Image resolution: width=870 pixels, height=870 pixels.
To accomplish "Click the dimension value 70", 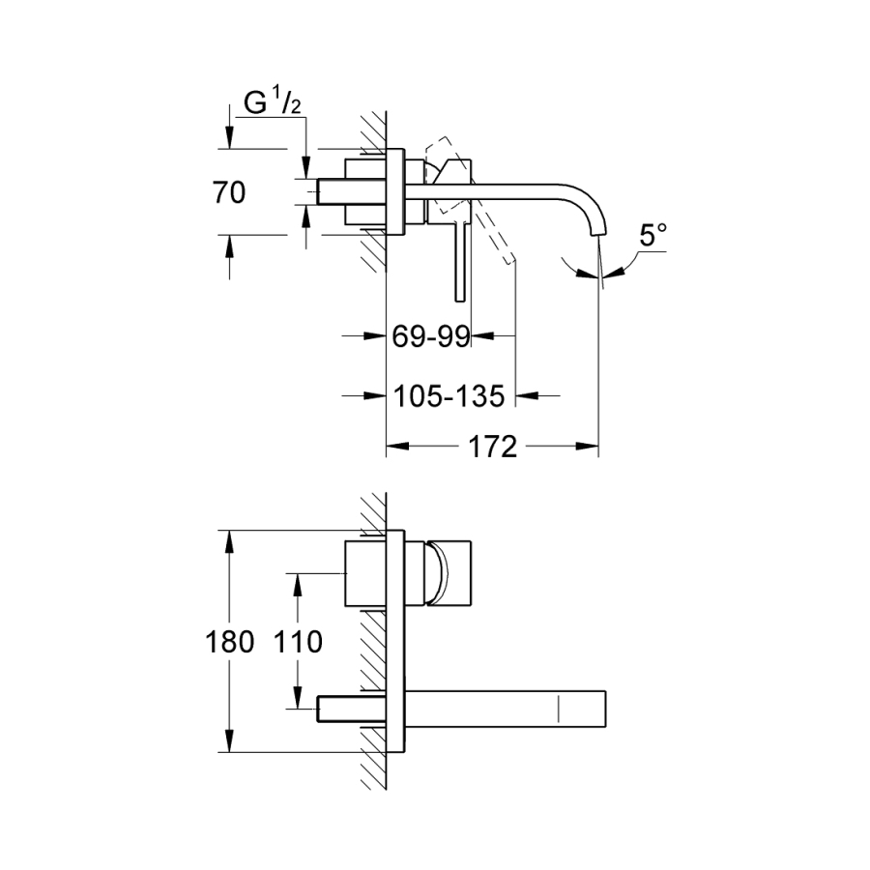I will [229, 192].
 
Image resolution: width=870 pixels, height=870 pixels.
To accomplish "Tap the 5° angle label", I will [653, 235].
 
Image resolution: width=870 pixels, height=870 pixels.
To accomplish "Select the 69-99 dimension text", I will [431, 336].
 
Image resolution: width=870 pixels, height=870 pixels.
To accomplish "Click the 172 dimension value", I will [494, 448].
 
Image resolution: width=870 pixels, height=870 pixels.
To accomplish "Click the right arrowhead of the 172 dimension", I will [592, 448].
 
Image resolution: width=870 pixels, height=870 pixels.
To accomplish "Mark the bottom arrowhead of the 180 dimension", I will [229, 745].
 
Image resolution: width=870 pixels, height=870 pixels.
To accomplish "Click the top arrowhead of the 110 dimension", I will [297, 579].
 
